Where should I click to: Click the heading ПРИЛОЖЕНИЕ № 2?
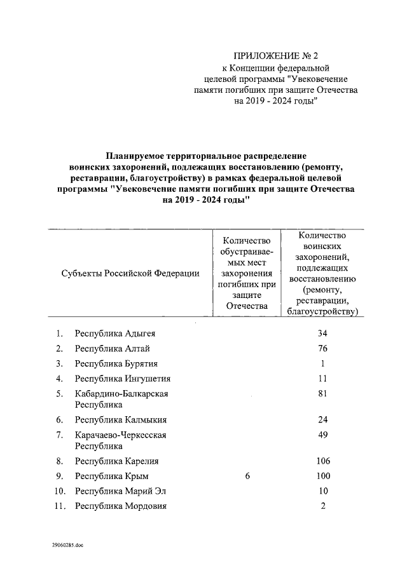275,55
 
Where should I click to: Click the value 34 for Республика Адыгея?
322,334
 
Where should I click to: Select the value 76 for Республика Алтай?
322,349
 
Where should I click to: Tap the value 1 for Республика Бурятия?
323,364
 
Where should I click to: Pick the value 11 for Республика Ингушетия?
322,379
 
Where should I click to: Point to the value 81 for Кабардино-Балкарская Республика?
322,394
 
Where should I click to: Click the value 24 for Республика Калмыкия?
322,420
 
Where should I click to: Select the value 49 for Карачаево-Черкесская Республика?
322,435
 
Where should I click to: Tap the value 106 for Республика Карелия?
322,461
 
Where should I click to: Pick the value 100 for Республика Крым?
322,477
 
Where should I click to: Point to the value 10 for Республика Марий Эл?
322,491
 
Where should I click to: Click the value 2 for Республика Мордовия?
323,506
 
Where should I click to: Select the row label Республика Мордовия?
121,506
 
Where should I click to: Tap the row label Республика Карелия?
116,461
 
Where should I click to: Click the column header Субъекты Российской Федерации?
131,273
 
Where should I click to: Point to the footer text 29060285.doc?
67,545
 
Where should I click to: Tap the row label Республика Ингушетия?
123,379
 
